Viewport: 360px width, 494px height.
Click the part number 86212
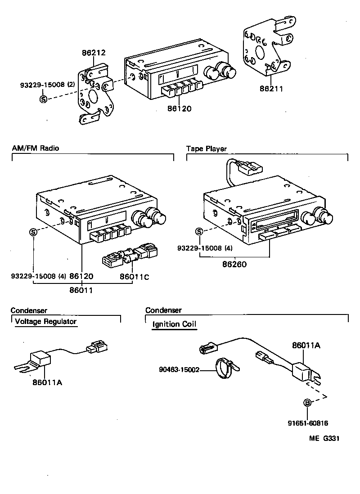click(94, 53)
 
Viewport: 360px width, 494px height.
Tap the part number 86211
click(271, 89)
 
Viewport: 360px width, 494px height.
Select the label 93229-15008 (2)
click(47, 85)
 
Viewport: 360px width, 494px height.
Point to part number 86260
click(234, 265)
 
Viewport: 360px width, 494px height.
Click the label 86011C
click(134, 277)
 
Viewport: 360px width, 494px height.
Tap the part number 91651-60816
click(308, 423)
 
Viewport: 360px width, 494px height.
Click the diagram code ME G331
click(324, 438)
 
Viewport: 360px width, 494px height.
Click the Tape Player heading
click(207, 148)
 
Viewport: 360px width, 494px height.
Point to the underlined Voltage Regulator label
click(45, 322)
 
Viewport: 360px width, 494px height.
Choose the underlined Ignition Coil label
click(174, 324)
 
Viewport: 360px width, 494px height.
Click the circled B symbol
click(308, 403)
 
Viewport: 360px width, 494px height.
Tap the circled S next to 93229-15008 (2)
click(43, 99)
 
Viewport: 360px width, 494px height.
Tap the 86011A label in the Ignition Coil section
click(306, 346)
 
